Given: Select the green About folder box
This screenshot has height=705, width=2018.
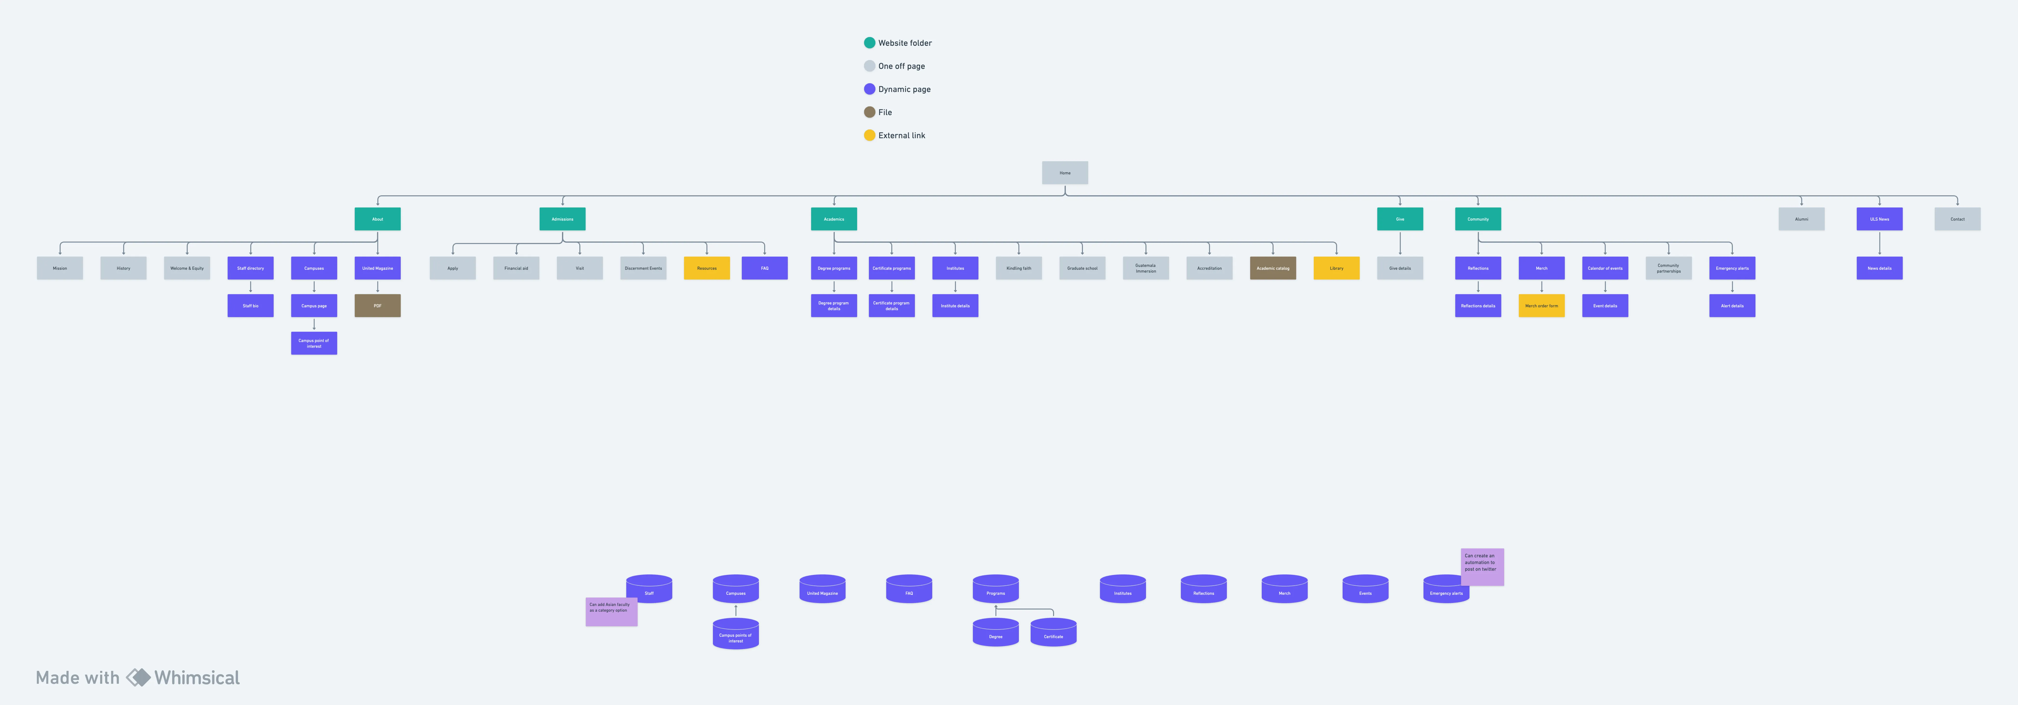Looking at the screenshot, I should [378, 219].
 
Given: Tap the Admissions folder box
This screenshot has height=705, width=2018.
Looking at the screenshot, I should [563, 219].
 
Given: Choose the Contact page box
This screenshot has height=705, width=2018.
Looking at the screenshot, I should [1957, 219].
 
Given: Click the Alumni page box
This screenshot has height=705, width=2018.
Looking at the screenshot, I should [1801, 219].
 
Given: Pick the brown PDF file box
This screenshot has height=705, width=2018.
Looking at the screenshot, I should [378, 306].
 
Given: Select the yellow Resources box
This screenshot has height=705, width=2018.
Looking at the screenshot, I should [707, 268].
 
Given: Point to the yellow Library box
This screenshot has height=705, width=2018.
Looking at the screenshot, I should [1336, 268].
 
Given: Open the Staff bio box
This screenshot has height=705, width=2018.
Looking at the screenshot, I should [251, 306].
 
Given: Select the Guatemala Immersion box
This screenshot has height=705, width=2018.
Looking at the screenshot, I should [1145, 268].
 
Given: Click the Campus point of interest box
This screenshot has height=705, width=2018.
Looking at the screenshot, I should [314, 343].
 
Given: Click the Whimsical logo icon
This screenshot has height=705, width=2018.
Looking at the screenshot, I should [138, 678].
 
